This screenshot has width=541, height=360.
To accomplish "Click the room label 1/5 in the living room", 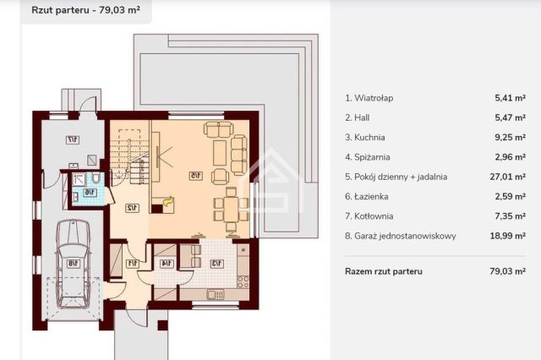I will pos(194,176).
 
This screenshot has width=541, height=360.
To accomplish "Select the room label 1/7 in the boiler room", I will pos(74,139).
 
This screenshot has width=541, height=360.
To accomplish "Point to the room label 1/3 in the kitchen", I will pos(217,263).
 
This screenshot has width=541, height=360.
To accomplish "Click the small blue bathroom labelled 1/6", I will pos(87,193).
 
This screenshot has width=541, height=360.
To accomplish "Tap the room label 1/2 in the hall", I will pos(132,209).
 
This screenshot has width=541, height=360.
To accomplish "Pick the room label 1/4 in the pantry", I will pos(166,263).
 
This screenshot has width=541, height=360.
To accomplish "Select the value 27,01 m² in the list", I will pos(510,177).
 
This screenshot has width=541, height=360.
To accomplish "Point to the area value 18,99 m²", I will pos(510,236).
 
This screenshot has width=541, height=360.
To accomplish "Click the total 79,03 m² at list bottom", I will pos(510,271).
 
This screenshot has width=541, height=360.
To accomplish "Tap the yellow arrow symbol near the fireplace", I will pos(168,201).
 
